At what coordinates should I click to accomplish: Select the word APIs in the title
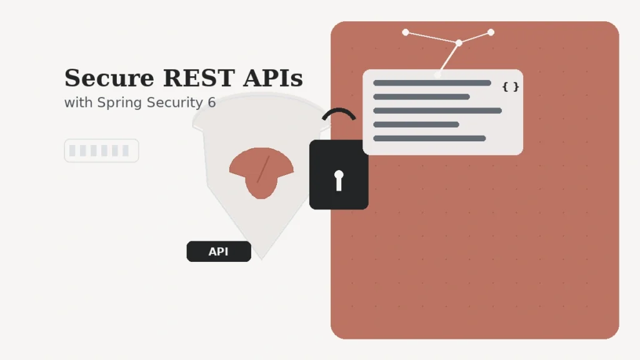point(273,79)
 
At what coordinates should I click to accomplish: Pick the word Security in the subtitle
point(174,103)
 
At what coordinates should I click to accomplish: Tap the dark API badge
point(219,251)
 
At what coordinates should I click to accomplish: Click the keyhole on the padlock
point(339,179)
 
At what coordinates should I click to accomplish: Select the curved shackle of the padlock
point(339,112)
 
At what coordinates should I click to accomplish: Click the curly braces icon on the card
point(510,87)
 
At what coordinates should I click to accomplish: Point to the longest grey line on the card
point(437,111)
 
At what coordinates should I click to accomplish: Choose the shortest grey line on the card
point(416,124)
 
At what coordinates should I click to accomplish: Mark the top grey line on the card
point(432,83)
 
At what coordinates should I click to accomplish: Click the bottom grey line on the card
point(429,138)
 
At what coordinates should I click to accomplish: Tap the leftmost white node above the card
point(406,32)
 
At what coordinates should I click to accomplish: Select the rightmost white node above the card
point(491,32)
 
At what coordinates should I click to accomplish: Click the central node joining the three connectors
point(459,42)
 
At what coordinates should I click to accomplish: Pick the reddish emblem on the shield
point(261,171)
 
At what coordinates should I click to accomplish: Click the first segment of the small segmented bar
point(72,151)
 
